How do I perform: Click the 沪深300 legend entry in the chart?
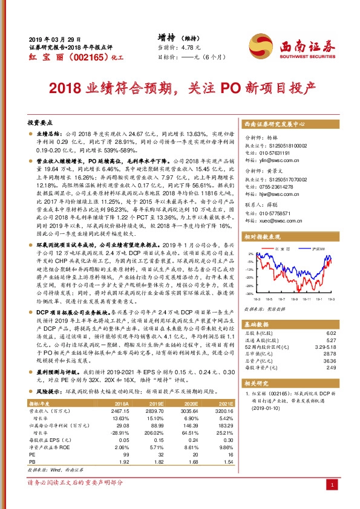pos(318,248)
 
